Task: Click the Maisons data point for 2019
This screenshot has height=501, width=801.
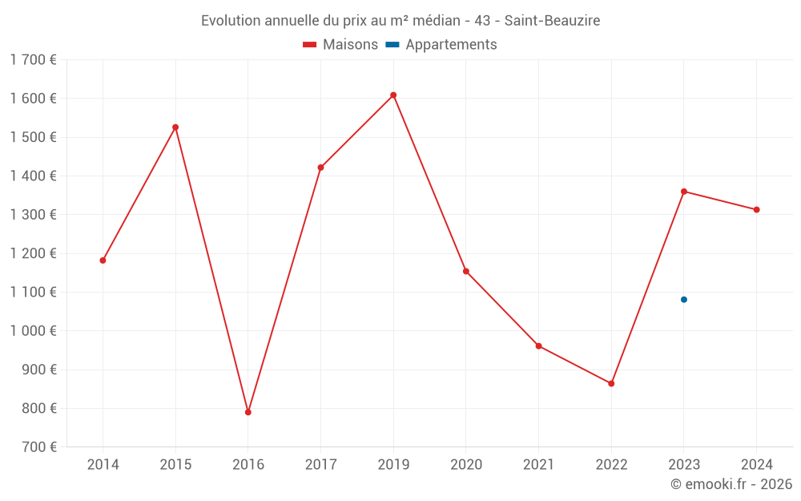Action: tap(393, 95)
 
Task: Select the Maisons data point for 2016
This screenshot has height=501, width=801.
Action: tap(248, 412)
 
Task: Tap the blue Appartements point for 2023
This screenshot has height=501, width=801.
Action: tap(684, 300)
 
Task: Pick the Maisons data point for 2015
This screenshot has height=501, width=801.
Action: tap(175, 127)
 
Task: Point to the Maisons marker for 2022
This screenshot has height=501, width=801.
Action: tap(611, 384)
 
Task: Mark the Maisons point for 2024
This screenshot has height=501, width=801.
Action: tap(756, 210)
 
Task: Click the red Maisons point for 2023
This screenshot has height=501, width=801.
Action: tap(684, 192)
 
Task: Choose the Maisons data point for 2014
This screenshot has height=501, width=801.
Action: tap(103, 261)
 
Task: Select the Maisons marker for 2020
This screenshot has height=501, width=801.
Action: tap(466, 271)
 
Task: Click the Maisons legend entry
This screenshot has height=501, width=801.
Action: tap(340, 45)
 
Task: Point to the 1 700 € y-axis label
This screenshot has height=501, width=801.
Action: tap(33, 59)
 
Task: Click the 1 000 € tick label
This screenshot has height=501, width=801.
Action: tap(33, 331)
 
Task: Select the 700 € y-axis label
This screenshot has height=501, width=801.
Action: tap(38, 447)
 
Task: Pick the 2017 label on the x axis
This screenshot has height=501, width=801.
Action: tap(320, 465)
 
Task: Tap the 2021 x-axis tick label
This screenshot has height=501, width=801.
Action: tap(538, 465)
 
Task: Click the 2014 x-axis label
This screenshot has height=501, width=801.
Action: tap(103, 465)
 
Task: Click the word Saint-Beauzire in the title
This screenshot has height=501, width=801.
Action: tap(552, 21)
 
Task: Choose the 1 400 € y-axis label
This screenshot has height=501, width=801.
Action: tap(33, 176)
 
